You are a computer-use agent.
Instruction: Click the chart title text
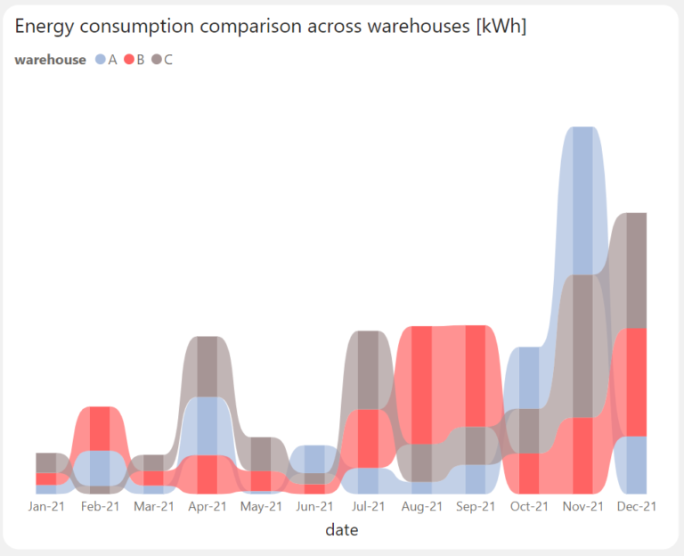tap(271, 28)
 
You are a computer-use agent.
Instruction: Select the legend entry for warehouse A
tap(106, 60)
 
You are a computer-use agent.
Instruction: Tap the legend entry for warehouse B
tap(134, 60)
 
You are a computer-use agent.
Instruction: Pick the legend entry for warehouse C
tap(163, 60)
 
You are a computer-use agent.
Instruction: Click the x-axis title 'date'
tap(342, 530)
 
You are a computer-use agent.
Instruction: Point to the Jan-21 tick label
tap(46, 506)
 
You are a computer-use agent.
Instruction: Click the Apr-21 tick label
tap(208, 506)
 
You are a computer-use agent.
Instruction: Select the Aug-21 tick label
tap(421, 506)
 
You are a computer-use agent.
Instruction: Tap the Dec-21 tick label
tap(636, 506)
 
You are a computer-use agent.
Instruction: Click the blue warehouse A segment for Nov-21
tap(582, 200)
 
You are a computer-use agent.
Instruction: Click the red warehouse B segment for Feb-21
tap(100, 428)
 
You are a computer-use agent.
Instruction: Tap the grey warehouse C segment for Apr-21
tap(207, 366)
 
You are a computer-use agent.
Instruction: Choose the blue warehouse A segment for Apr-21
tap(207, 426)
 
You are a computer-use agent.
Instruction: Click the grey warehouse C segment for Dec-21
tap(636, 270)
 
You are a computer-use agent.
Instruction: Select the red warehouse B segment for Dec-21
tap(636, 381)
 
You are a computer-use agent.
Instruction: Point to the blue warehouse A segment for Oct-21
tap(529, 378)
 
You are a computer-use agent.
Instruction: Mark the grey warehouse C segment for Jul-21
tap(368, 370)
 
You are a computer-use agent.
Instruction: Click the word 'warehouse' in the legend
tap(51, 60)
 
